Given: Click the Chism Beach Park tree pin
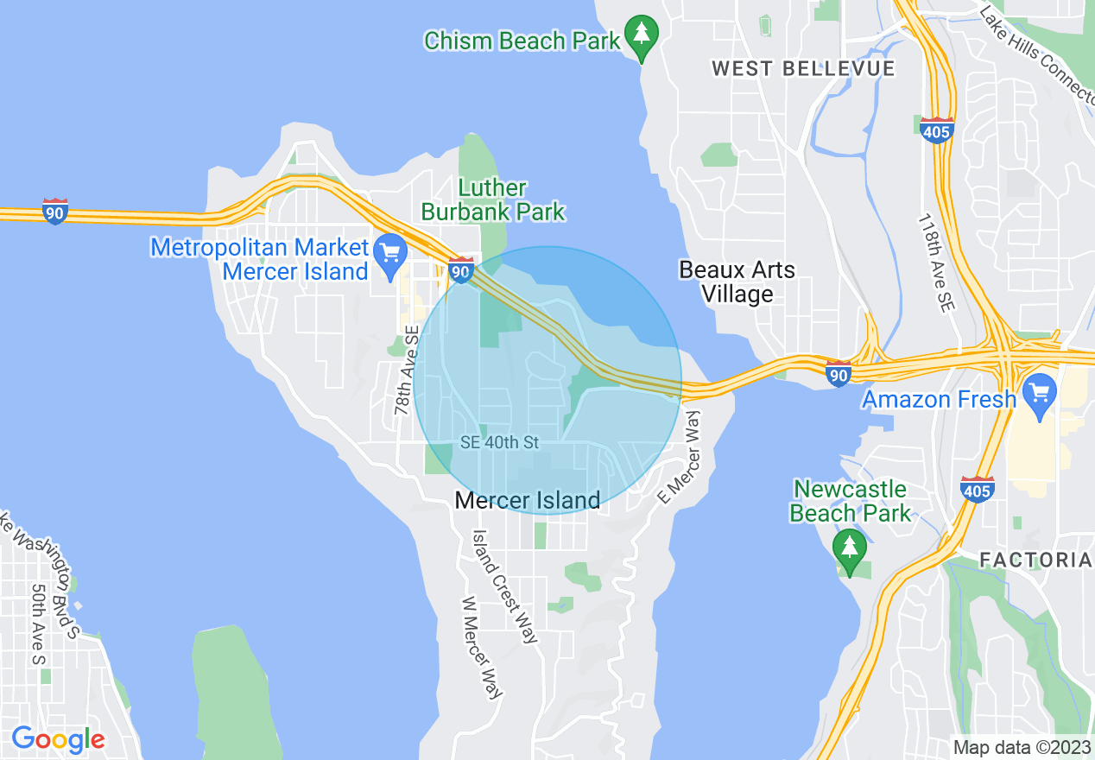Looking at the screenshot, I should click(641, 36).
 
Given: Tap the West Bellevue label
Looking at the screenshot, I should click(803, 68).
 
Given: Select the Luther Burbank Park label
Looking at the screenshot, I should click(493, 199).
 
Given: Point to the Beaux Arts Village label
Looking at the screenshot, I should click(737, 282).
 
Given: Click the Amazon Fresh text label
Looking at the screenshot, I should click(939, 400).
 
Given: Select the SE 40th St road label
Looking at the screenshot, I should click(499, 443).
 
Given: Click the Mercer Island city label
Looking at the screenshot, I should click(527, 500).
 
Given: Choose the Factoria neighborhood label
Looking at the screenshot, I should click(1035, 560).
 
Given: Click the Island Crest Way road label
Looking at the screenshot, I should click(505, 586).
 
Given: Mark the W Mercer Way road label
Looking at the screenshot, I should click(482, 648).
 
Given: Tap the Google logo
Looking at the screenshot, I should click(58, 739).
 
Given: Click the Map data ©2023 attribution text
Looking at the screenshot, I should click(1020, 746).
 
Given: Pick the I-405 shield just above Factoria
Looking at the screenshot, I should click(977, 489).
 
